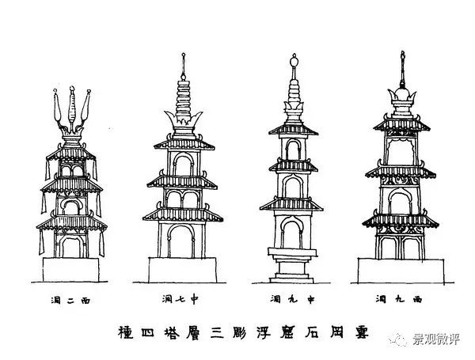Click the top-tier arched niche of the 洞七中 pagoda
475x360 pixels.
point(184,165)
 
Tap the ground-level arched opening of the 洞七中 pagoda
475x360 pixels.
point(184,241)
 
